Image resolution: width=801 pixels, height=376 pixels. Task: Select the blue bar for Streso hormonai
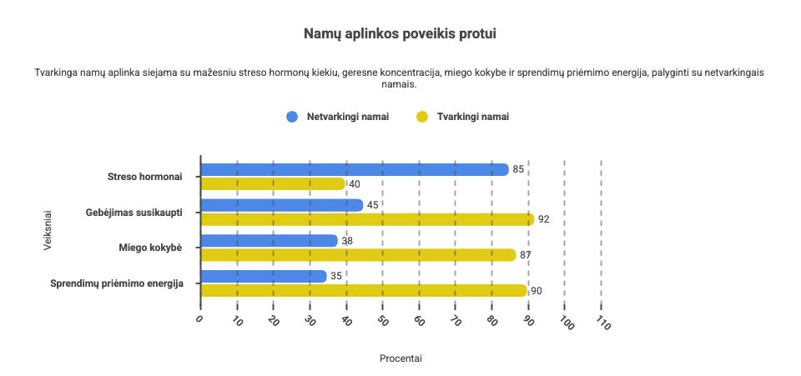point(355,169)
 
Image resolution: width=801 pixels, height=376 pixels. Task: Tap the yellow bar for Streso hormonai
point(273,183)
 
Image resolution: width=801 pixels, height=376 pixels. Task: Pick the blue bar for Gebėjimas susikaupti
point(282,205)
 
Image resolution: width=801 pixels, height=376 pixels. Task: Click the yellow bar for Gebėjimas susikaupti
point(367,219)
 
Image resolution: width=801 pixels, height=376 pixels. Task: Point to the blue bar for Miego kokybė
point(270,241)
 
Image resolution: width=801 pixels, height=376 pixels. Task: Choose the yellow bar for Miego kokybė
point(358,255)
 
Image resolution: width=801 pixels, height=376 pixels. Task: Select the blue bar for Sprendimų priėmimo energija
point(264,277)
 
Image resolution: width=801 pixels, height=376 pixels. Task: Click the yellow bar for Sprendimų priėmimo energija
point(364,291)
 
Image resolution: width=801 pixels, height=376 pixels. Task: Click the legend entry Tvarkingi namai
point(472,117)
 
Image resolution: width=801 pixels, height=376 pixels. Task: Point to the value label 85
point(518,169)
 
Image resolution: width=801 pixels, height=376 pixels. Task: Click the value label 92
point(544,219)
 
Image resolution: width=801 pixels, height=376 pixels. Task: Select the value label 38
point(347,241)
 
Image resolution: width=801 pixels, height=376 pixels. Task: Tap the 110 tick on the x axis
point(602,324)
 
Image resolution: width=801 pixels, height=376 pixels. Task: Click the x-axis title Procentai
point(400,358)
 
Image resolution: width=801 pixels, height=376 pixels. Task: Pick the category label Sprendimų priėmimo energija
point(128,283)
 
